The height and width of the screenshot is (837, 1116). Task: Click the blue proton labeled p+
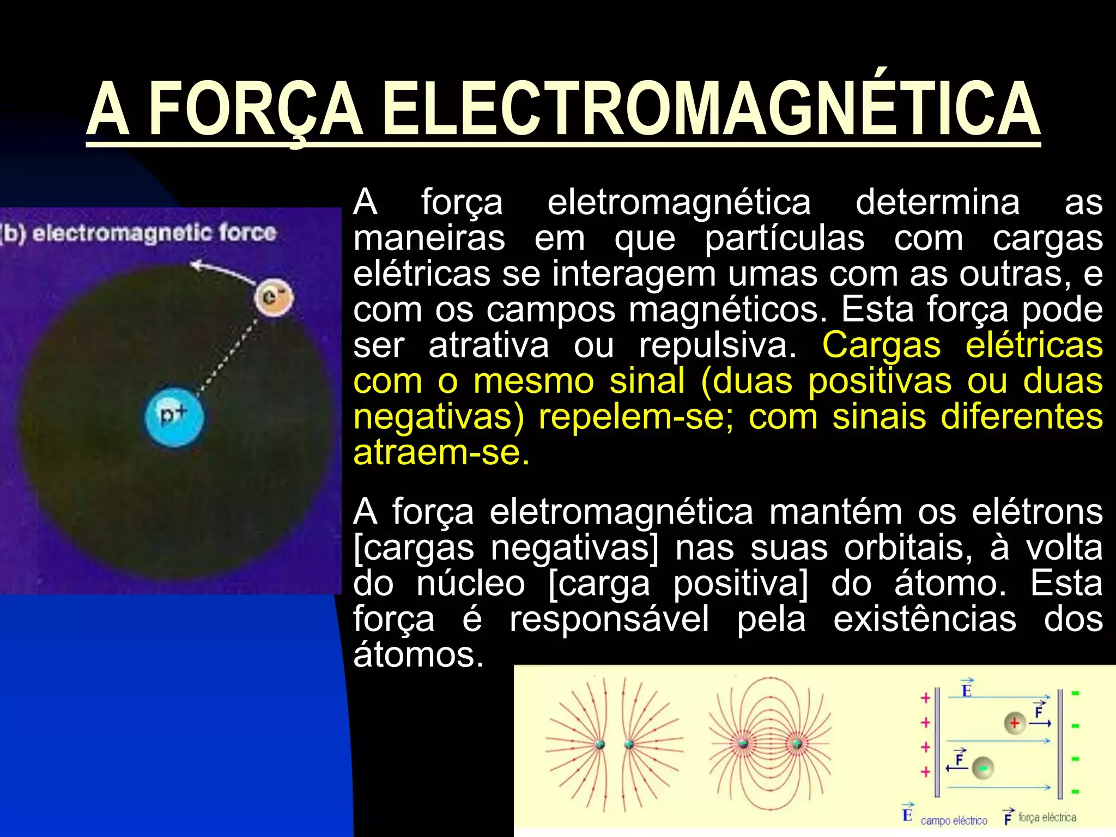click(174, 417)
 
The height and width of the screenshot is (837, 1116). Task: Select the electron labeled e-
click(274, 298)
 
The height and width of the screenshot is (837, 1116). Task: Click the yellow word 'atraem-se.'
click(441, 452)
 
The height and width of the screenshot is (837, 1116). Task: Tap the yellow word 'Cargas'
click(881, 345)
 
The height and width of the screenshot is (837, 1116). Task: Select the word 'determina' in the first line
click(937, 202)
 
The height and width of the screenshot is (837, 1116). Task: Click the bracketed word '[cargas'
click(414, 548)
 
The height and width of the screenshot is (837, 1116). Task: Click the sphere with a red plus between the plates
click(1014, 723)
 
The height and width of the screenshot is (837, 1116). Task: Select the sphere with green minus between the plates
click(982, 768)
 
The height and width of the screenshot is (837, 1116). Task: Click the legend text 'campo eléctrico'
click(954, 820)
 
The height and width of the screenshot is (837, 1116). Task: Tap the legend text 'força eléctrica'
click(1047, 817)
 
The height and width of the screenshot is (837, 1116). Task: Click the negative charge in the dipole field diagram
click(743, 744)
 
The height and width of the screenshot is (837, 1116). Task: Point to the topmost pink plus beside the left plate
click(925, 698)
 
